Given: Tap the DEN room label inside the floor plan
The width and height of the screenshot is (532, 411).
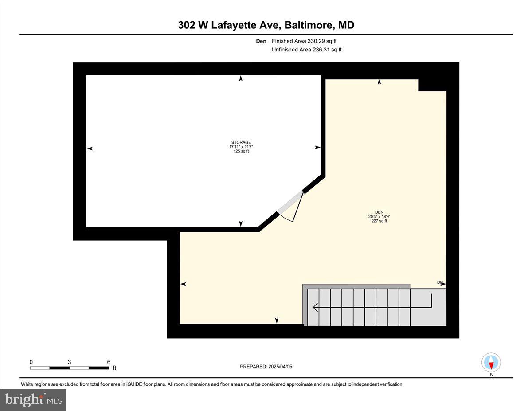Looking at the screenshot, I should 379,212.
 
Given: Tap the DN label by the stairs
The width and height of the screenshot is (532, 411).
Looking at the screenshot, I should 440,282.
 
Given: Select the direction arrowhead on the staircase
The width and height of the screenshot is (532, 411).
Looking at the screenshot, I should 315,307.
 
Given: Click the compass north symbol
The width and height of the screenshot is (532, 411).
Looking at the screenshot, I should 491,363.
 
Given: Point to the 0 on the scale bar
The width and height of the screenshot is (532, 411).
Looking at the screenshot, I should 31,362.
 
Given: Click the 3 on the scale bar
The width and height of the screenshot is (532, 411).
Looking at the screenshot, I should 70,362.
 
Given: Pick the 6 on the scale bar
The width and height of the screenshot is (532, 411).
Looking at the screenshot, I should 109,362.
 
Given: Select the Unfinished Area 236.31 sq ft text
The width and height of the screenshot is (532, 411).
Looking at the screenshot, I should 306,50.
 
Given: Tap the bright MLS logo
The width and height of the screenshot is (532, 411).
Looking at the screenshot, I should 34,400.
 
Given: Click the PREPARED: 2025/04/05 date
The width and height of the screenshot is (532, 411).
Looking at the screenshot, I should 266,367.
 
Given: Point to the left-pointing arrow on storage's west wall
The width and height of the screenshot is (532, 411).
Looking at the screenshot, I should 90,149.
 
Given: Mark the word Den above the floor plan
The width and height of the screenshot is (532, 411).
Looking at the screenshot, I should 261,41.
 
